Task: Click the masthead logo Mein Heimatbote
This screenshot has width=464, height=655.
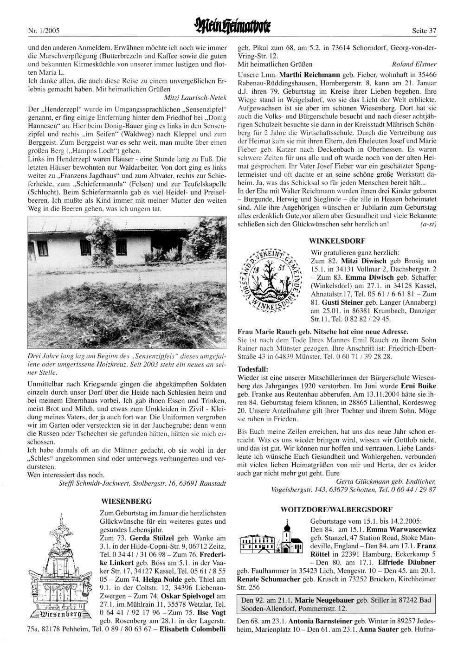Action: (x=232, y=30)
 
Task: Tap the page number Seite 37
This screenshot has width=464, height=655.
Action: (x=424, y=31)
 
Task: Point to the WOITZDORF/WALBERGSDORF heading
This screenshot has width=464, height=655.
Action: (x=336, y=509)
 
